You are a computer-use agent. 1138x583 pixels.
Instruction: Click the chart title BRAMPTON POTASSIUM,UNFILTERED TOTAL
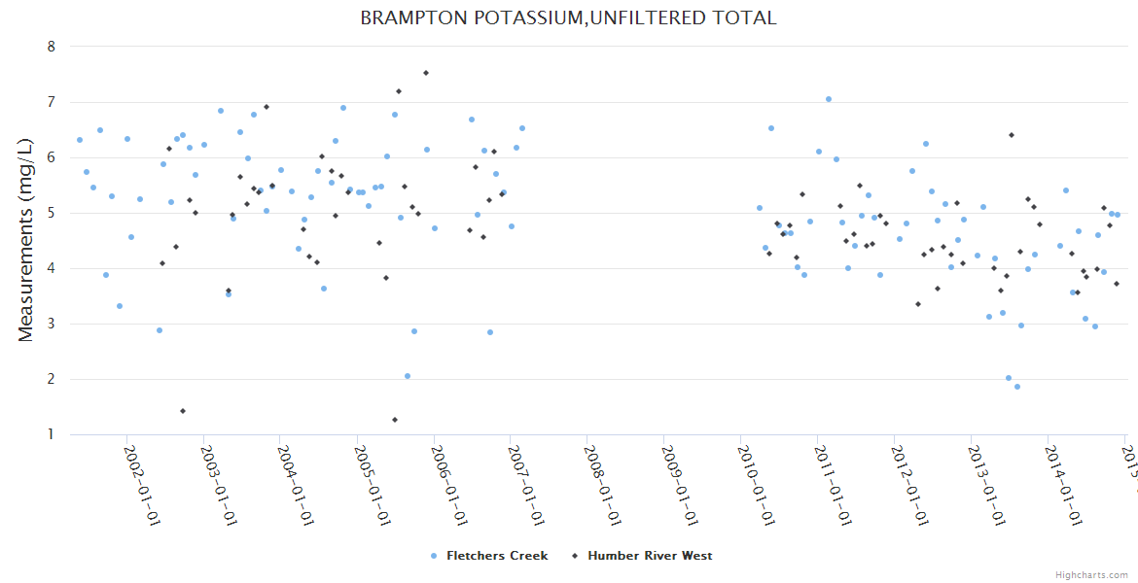(568, 18)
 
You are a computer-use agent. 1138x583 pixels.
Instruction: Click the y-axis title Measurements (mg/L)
(26, 241)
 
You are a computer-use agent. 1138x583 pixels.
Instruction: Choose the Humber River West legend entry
(649, 556)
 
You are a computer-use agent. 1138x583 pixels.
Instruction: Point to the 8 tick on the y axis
(52, 47)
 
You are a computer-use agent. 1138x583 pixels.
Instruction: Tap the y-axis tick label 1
(52, 434)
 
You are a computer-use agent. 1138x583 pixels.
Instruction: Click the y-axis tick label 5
(52, 213)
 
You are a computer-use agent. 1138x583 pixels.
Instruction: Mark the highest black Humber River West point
(426, 73)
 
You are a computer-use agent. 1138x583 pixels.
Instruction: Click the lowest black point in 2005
(395, 420)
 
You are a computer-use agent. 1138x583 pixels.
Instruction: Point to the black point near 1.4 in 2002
(183, 411)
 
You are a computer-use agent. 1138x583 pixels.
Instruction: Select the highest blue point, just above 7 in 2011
(829, 99)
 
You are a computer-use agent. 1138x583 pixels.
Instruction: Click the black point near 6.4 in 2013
(1012, 135)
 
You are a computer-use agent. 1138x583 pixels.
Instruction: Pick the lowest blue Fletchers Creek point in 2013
(1017, 387)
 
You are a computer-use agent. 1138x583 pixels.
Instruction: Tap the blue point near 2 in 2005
(408, 376)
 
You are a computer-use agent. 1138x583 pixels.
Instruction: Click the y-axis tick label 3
(52, 324)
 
